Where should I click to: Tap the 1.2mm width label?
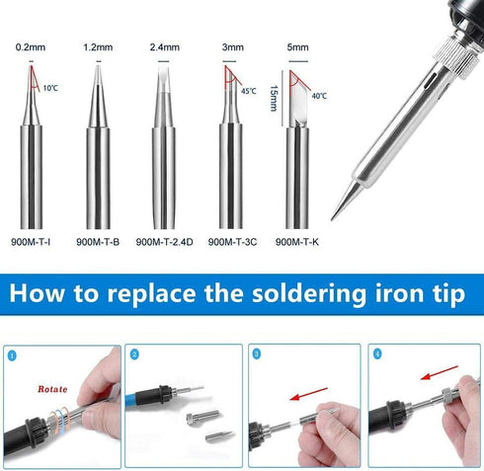[x=97, y=46]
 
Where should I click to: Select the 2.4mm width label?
[x=163, y=46]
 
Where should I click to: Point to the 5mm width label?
[x=295, y=46]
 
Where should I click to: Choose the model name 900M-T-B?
[x=98, y=241]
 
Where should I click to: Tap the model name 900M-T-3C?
[x=231, y=241]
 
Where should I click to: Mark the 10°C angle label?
[x=50, y=89]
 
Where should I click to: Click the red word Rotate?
[x=53, y=388]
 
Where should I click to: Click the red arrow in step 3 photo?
[x=308, y=393]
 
